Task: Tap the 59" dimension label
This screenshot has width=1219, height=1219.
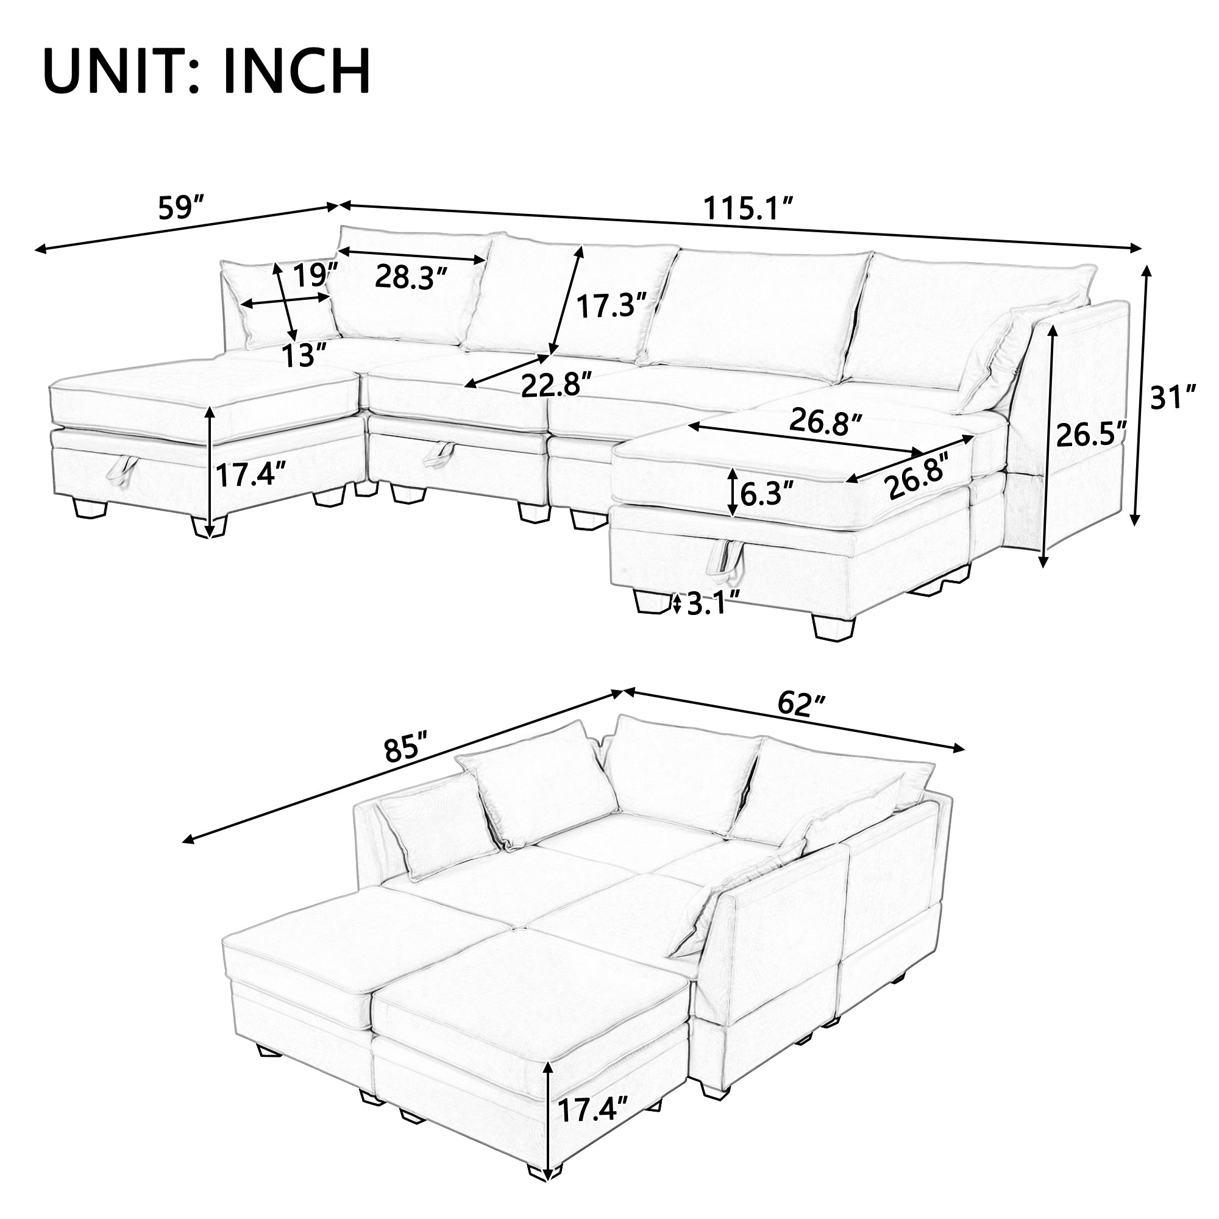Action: [182, 208]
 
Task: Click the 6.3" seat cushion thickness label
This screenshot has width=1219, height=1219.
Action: [767, 495]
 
